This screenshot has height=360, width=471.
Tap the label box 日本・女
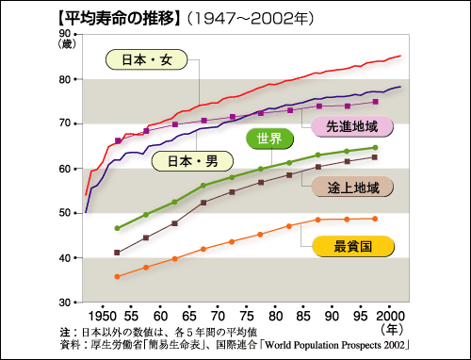pos(146,60)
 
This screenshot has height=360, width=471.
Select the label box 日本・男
pos(192,160)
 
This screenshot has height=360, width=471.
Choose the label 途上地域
pos(356,188)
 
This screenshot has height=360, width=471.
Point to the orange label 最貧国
pos(350,248)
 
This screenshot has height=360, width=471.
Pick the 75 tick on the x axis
pos(244,313)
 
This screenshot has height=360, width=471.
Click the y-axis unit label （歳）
pos(69,44)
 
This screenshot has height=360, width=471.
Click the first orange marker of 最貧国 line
pos(117,276)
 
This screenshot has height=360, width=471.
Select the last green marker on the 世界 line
pos(375,148)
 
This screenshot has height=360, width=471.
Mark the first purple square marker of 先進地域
pos(118,140)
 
